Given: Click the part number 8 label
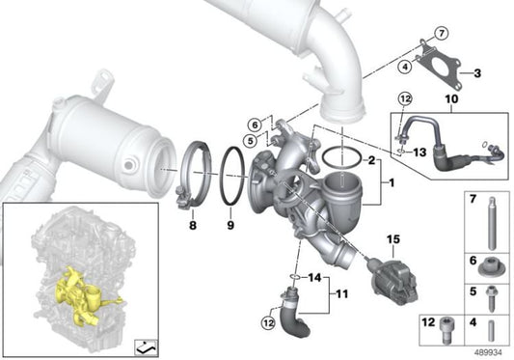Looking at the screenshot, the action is [193, 225].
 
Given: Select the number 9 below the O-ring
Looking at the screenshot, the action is [230, 225].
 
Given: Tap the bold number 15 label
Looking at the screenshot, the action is [393, 239].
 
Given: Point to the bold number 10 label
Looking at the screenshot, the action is [451, 98].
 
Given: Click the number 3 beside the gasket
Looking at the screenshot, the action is [477, 72].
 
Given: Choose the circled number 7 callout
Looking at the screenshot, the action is [442, 33].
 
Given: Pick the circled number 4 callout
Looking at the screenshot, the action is [405, 67].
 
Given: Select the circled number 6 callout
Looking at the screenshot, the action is [255, 125].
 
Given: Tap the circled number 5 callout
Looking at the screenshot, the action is [251, 141].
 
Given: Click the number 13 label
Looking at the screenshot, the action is [419, 152].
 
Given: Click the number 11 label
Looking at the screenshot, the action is [341, 294].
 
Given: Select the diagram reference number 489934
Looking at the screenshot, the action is [489, 353].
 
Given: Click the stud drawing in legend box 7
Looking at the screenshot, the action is [491, 223].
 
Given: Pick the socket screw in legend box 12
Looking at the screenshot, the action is [446, 330].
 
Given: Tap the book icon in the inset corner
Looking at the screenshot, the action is [147, 346].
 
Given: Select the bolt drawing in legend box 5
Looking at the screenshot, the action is [491, 298].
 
